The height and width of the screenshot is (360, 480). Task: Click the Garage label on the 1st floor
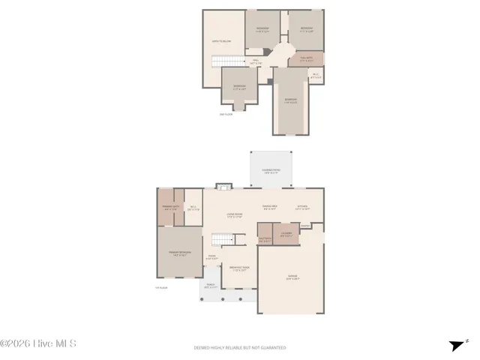point(292,278)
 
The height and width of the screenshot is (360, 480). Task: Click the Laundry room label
point(286,234)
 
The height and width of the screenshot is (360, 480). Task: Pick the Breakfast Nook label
point(239,268)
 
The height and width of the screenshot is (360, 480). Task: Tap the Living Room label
point(235,216)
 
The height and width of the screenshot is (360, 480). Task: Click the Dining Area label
point(270,208)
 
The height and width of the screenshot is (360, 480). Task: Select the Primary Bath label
point(169,208)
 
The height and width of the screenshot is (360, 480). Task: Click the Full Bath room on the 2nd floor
point(306,59)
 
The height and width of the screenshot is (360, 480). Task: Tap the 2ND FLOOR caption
point(226,115)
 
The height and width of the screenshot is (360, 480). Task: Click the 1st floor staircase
point(220,240)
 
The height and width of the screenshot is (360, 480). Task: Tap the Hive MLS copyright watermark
point(39,344)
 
